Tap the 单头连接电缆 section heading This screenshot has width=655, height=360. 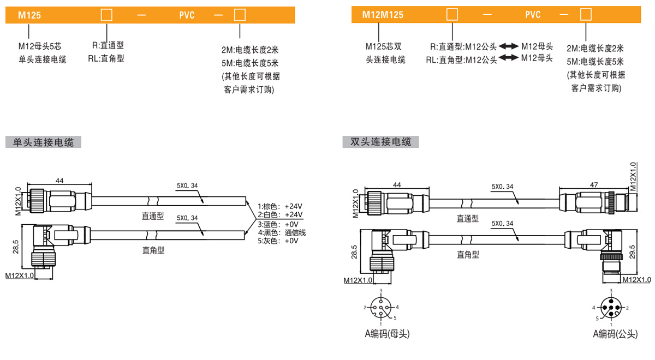[44, 143]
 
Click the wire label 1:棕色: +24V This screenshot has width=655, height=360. [280, 207]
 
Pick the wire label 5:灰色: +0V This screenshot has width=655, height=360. [278, 241]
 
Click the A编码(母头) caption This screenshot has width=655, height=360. [386, 334]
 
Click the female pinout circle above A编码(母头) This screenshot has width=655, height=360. [381, 308]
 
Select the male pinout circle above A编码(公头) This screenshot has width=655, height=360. [611, 308]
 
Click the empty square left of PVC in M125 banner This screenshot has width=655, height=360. [106, 15]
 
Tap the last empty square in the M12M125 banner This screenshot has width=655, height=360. [585, 15]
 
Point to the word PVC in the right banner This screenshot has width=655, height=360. [533, 15]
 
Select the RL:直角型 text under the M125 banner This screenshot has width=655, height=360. [106, 58]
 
